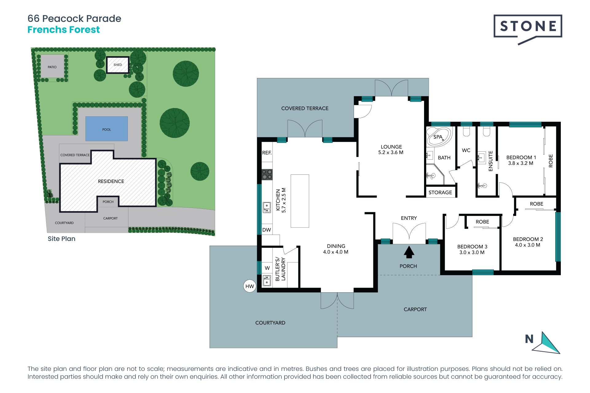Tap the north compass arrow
pyautogui.click(x=547, y=343)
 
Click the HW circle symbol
pyautogui.click(x=250, y=286)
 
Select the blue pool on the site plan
pyautogui.click(x=106, y=129)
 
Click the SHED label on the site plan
pyautogui.click(x=118, y=65)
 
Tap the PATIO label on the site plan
pyautogui.click(x=52, y=67)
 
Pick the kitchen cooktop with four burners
pyautogui.click(x=267, y=175)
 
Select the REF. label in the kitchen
pyautogui.click(x=267, y=153)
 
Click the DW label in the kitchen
pyautogui.click(x=267, y=230)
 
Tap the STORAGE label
pyautogui.click(x=440, y=193)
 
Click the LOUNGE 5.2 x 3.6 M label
pyautogui.click(x=391, y=150)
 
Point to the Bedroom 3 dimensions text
pyautogui.click(x=472, y=252)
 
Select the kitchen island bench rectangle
pyautogui.click(x=300, y=201)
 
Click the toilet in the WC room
pyautogui.click(x=466, y=132)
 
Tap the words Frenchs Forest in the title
pyautogui.click(x=64, y=30)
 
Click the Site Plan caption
pyautogui.click(x=61, y=239)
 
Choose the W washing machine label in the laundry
pyautogui.click(x=267, y=268)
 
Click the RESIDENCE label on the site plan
pyautogui.click(x=111, y=181)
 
